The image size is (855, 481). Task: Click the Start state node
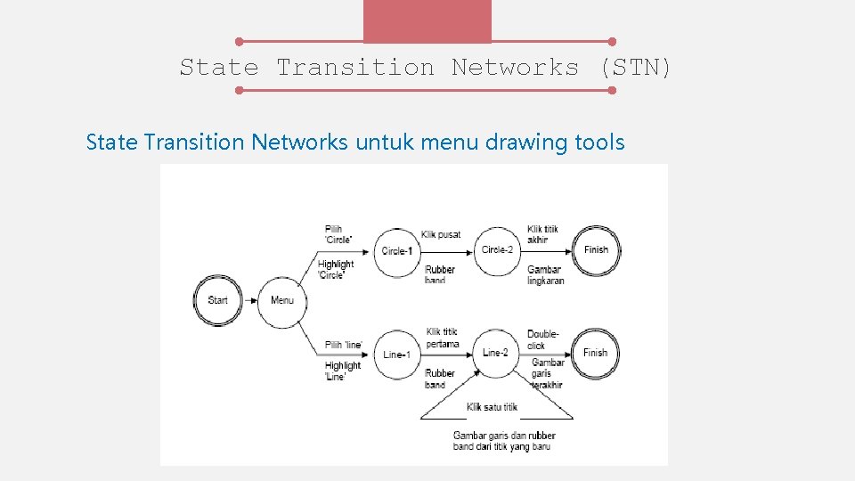pyautogui.click(x=217, y=300)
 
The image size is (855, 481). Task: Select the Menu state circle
pyautogui.click(x=282, y=300)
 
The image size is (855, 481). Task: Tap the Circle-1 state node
pyautogui.click(x=397, y=250)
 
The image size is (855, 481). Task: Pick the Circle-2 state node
pyautogui.click(x=497, y=249)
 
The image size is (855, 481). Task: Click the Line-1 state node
pyautogui.click(x=396, y=354)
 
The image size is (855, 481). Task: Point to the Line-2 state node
pyautogui.click(x=496, y=353)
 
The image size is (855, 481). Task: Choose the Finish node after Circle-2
pyautogui.click(x=596, y=249)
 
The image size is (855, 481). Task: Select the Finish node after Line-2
pyautogui.click(x=596, y=353)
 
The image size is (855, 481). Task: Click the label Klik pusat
pyautogui.click(x=441, y=234)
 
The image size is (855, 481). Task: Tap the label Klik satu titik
pyautogui.click(x=492, y=407)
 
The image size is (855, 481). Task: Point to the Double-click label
pyautogui.click(x=542, y=339)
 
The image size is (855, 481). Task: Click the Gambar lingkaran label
pyautogui.click(x=545, y=275)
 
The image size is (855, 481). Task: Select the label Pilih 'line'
pyautogui.click(x=344, y=344)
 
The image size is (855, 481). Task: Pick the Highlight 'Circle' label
pyautogui.click(x=336, y=269)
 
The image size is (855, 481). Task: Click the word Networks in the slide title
pyautogui.click(x=515, y=68)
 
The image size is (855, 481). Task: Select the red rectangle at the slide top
pyautogui.click(x=427, y=20)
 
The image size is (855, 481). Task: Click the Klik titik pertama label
pyautogui.click(x=443, y=338)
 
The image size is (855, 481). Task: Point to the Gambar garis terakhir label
pyautogui.click(x=548, y=373)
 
